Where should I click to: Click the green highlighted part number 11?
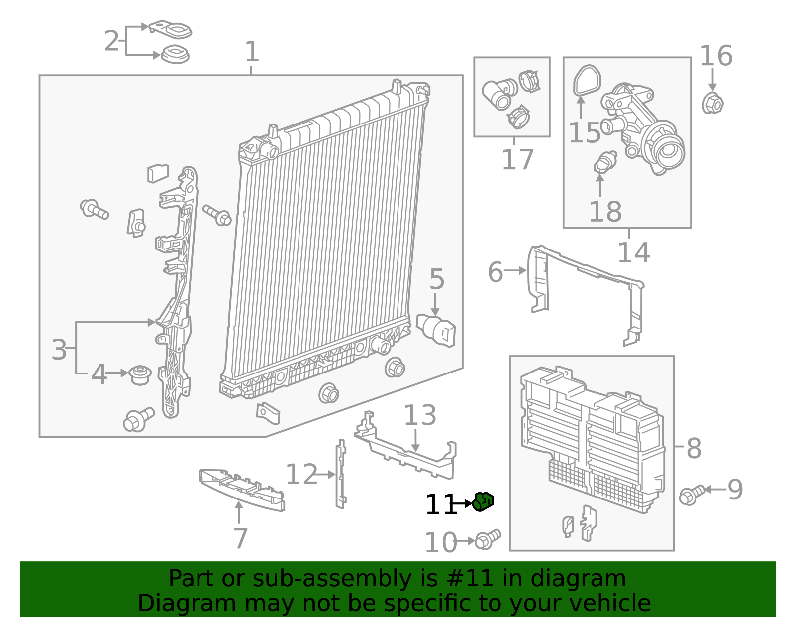tap(483, 501)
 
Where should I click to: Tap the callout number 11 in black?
tap(441, 505)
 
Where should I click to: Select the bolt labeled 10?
tap(487, 539)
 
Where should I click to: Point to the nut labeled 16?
tap(712, 103)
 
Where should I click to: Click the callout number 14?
tap(633, 252)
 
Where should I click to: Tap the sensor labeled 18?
tap(605, 162)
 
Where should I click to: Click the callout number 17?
tap(517, 160)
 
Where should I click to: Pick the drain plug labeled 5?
tap(437, 329)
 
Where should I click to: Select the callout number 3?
tap(59, 350)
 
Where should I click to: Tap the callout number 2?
tap(112, 41)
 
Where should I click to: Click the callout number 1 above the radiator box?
tap(252, 52)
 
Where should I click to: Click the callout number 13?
tap(420, 415)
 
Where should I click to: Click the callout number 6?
tap(495, 272)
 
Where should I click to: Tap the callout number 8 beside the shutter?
tap(694, 448)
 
